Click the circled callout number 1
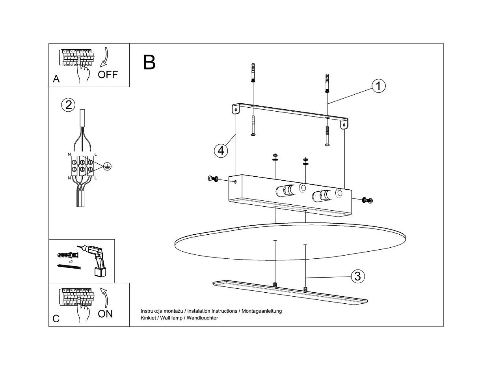click(378, 86)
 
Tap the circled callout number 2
click(68, 105)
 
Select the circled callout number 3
click(357, 276)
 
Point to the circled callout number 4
click(221, 150)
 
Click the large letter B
click(149, 62)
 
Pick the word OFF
click(108, 75)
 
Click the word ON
click(105, 314)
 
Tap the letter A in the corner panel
click(56, 79)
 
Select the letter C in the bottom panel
click(56, 319)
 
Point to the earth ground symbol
click(106, 166)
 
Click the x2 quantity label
click(71, 262)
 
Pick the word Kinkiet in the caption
click(149, 318)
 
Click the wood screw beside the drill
click(69, 267)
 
